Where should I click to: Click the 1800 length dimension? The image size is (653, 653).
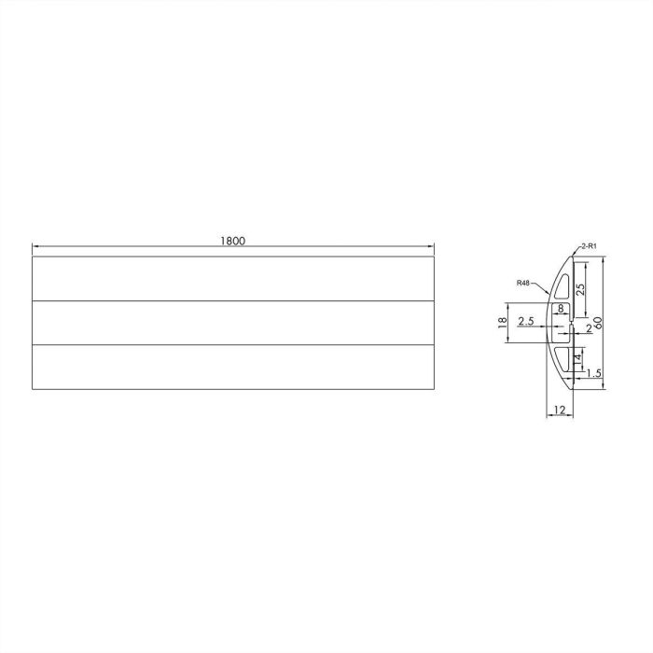232,241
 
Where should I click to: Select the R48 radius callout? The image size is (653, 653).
523,283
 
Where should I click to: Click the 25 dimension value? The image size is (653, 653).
580,288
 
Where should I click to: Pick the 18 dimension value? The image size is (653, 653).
502,323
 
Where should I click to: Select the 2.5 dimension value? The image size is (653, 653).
524,323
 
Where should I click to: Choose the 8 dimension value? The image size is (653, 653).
561,308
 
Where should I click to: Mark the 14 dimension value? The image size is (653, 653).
578,359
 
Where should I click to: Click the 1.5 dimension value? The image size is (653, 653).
591,374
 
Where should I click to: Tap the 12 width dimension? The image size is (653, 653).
558,410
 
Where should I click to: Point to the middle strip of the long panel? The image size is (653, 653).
232,323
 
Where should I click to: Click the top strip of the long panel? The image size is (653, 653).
232,278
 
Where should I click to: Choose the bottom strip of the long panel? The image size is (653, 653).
232,368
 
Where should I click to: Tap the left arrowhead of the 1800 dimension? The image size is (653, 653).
35,247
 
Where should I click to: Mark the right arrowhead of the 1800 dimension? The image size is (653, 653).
431,247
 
